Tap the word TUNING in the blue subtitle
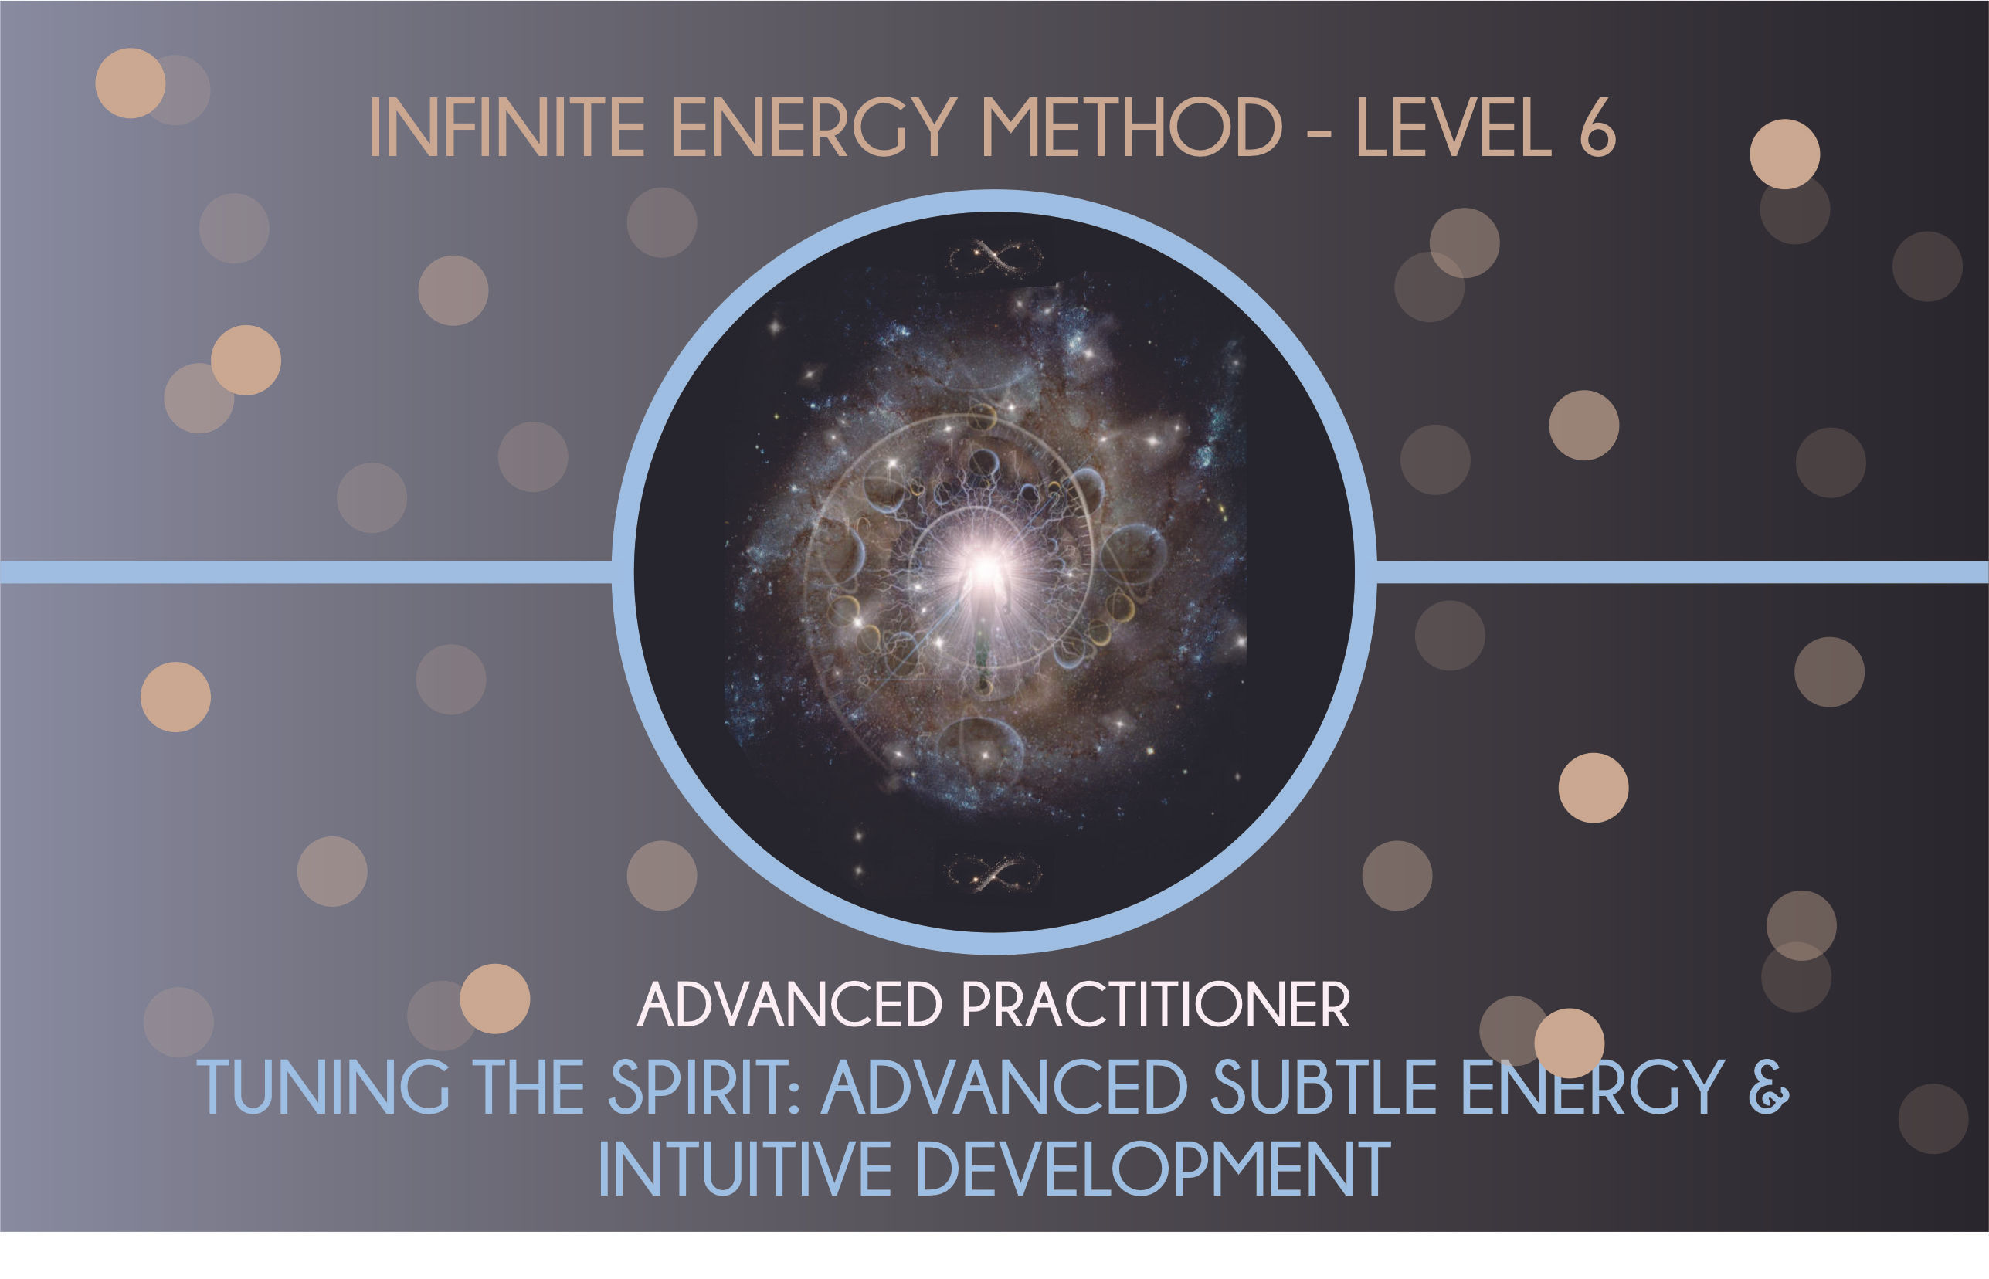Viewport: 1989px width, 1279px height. click(x=324, y=1087)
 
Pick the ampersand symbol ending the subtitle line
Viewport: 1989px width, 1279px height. click(x=1769, y=1087)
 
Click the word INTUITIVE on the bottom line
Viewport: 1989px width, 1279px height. click(x=744, y=1169)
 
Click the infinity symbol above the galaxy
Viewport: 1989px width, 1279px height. click(x=995, y=256)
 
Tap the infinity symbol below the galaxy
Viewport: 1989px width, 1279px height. click(x=994, y=874)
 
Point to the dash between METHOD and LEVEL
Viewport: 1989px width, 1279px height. click(x=1319, y=131)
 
